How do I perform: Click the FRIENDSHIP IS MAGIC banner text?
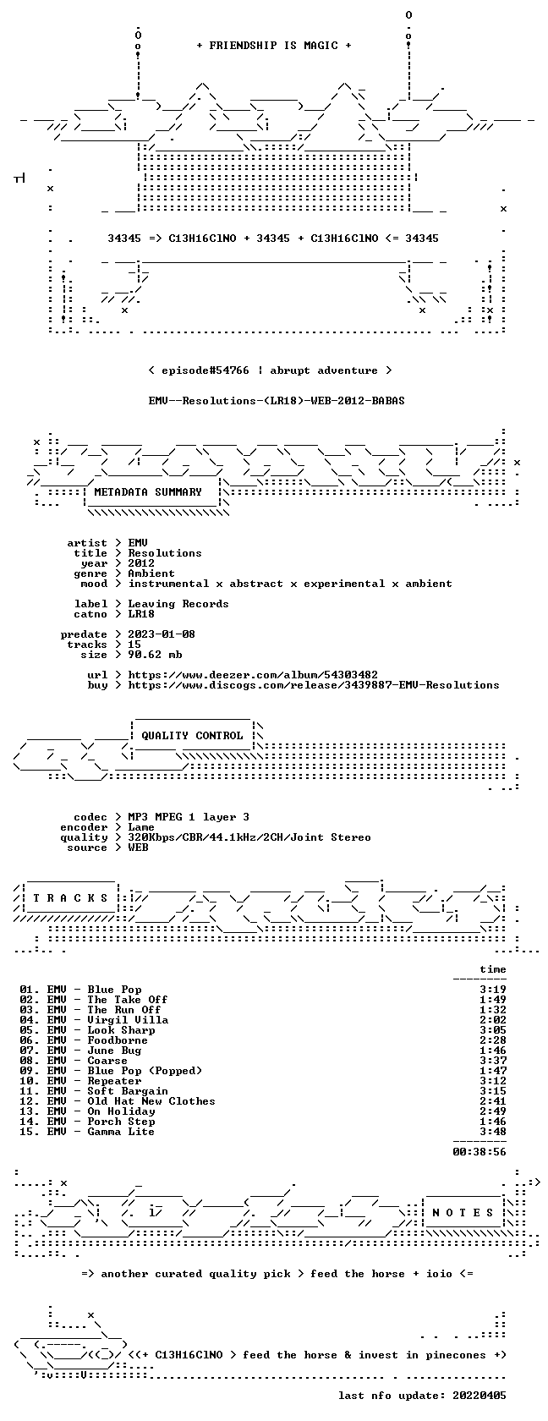(x=273, y=46)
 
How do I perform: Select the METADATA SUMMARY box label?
(x=148, y=492)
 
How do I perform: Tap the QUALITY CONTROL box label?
(x=192, y=736)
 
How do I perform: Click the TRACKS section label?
(x=70, y=898)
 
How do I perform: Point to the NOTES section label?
(x=463, y=1213)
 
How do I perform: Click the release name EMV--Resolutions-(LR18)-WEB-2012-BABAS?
(x=277, y=401)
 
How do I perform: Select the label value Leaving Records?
(x=178, y=604)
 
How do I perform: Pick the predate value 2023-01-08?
(x=162, y=634)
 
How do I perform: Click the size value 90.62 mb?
(x=155, y=655)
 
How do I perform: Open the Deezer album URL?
(x=253, y=675)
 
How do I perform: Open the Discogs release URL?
(x=313, y=685)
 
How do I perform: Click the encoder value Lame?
(x=141, y=827)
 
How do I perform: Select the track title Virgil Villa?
(x=129, y=1020)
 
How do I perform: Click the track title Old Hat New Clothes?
(x=151, y=1101)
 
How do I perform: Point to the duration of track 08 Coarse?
(x=493, y=1061)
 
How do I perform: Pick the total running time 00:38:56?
(x=479, y=1152)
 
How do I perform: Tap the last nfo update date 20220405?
(x=479, y=1396)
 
